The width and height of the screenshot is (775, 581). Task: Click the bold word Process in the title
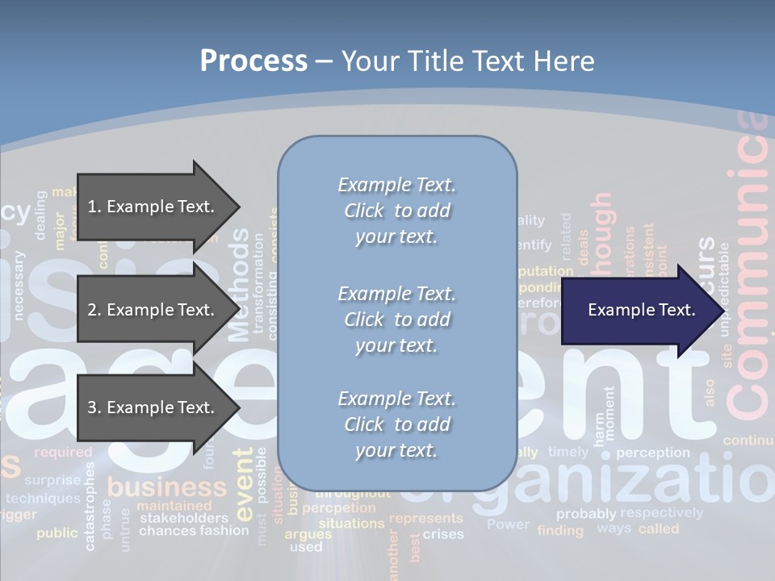(x=253, y=61)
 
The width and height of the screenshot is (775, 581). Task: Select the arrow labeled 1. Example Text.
(x=153, y=207)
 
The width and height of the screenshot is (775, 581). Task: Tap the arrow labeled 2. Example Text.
(x=153, y=310)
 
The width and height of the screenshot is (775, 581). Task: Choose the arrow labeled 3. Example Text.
(x=153, y=408)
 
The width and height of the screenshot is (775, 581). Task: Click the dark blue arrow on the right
(x=638, y=310)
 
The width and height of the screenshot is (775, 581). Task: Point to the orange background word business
(x=167, y=487)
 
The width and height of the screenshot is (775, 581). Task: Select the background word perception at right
(x=653, y=453)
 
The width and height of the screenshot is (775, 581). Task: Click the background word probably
(x=586, y=513)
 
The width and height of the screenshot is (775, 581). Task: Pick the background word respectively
(x=661, y=512)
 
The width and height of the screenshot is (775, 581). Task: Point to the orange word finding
(x=560, y=530)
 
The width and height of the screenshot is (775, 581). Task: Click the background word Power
(x=508, y=525)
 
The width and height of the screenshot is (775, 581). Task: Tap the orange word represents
(x=426, y=519)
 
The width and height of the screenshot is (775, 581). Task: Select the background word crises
(x=443, y=534)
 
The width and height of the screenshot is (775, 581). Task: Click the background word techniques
(x=43, y=499)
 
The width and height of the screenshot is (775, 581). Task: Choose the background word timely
(x=568, y=452)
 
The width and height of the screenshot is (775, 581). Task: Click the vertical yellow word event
(x=244, y=484)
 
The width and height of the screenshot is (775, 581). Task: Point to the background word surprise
(x=52, y=480)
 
